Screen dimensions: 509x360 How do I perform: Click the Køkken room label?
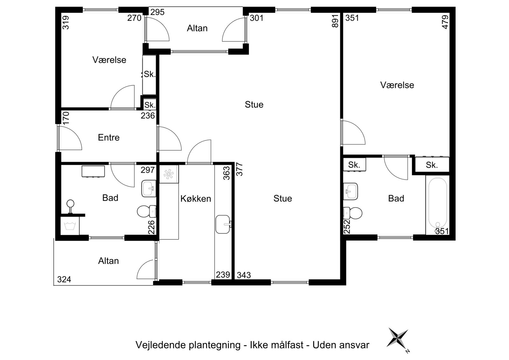coord(196,199)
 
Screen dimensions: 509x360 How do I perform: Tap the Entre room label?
coord(108,138)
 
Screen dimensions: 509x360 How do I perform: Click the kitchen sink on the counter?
coord(223,224)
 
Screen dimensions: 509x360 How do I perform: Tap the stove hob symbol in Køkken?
coord(169,174)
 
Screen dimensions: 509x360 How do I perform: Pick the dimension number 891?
coord(335,21)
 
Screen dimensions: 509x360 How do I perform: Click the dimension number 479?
coord(445,22)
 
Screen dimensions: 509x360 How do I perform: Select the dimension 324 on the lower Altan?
coord(64,279)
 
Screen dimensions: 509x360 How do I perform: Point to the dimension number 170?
coord(66,118)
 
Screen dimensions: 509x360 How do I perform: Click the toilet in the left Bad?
coord(146,211)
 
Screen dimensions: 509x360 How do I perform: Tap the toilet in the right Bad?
coord(353,213)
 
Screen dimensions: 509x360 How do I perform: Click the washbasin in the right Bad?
coord(350,191)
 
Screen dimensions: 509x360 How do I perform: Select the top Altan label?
coord(197,28)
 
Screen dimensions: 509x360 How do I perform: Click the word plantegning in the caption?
coord(214,345)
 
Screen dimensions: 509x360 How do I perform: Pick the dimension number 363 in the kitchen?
coord(227,173)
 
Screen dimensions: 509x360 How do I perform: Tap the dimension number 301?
coord(257,18)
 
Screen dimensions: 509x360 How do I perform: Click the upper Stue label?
coord(254,105)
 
